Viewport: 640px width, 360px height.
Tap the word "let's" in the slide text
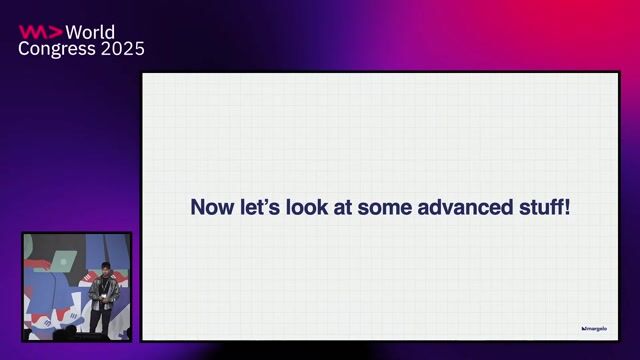(x=254, y=208)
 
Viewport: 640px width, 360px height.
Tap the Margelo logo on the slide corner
(x=594, y=327)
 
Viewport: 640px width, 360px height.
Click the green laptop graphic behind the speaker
(x=63, y=261)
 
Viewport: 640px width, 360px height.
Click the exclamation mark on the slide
(x=567, y=208)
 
